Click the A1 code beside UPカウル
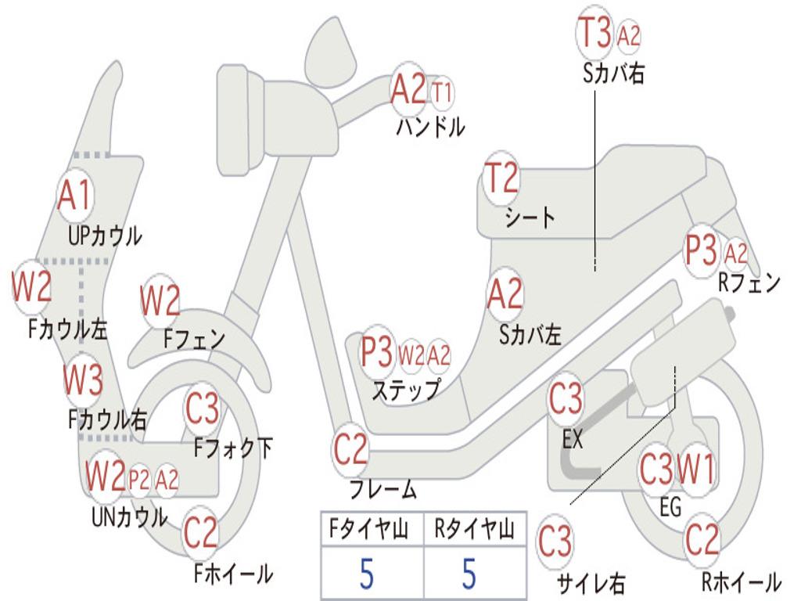click(75, 196)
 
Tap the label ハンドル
click(430, 126)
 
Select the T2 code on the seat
click(502, 179)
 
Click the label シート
click(530, 217)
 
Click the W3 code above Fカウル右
click(83, 381)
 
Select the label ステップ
click(405, 390)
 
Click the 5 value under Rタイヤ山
click(469, 574)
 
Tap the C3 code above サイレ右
click(555, 542)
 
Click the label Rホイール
click(740, 581)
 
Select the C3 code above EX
click(566, 400)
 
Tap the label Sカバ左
click(530, 335)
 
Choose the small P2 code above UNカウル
click(138, 479)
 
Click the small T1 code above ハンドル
click(442, 93)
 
